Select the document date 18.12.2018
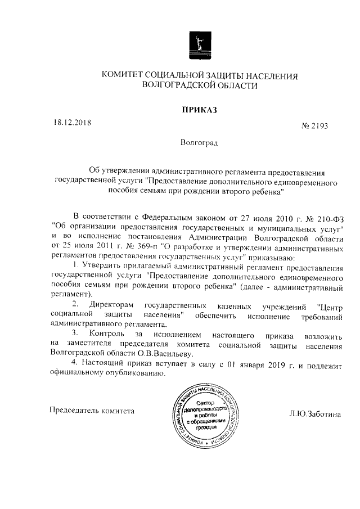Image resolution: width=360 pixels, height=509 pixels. tap(72, 121)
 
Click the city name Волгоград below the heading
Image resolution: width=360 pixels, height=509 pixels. tap(198, 143)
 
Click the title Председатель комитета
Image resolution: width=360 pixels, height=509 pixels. tap(92, 410)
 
